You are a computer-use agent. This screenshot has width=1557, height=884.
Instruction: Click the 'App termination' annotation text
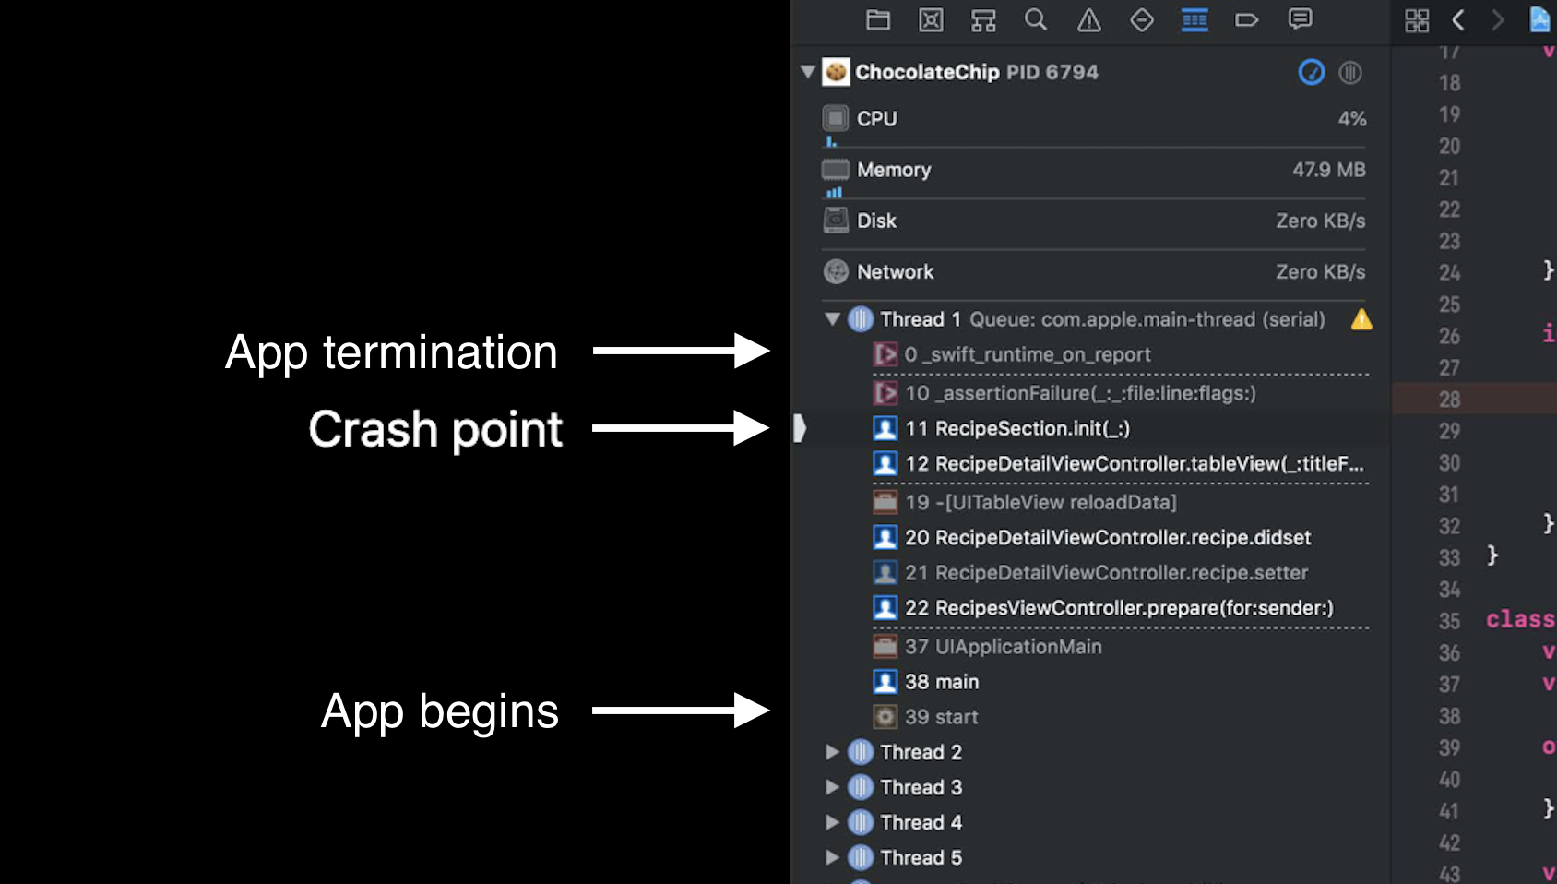pos(391,352)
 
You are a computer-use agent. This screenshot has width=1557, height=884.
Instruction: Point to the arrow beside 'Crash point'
pos(680,428)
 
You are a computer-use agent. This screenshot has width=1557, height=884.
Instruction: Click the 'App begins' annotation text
pos(439,711)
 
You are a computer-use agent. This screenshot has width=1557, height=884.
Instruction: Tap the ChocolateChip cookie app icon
pos(836,72)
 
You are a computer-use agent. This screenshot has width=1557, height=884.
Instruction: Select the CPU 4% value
pos(1351,119)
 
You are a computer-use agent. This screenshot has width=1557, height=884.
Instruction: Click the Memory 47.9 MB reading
pos(1328,170)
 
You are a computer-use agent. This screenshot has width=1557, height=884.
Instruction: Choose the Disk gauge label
pos(876,221)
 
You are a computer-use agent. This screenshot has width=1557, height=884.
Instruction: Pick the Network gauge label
pos(895,272)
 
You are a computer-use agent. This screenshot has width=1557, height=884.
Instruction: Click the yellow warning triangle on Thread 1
pos(1361,319)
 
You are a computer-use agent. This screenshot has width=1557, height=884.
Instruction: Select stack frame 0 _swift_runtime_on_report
pos(1027,355)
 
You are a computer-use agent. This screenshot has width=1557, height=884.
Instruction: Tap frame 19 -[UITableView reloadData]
pos(1040,502)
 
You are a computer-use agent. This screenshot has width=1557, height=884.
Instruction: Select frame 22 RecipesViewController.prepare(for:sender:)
pos(1118,608)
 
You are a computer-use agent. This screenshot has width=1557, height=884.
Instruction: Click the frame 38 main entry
pos(941,682)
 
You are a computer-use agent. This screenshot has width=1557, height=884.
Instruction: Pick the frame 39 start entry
pos(941,717)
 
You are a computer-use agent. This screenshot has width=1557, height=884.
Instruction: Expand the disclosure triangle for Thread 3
pos(832,787)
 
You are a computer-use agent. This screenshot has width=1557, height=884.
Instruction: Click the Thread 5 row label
pos(921,857)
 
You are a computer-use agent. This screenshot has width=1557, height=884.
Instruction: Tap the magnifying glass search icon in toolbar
pos(1036,19)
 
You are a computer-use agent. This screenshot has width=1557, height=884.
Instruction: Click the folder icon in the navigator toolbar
pos(878,19)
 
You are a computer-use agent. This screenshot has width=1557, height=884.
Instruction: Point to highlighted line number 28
pos(1449,400)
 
